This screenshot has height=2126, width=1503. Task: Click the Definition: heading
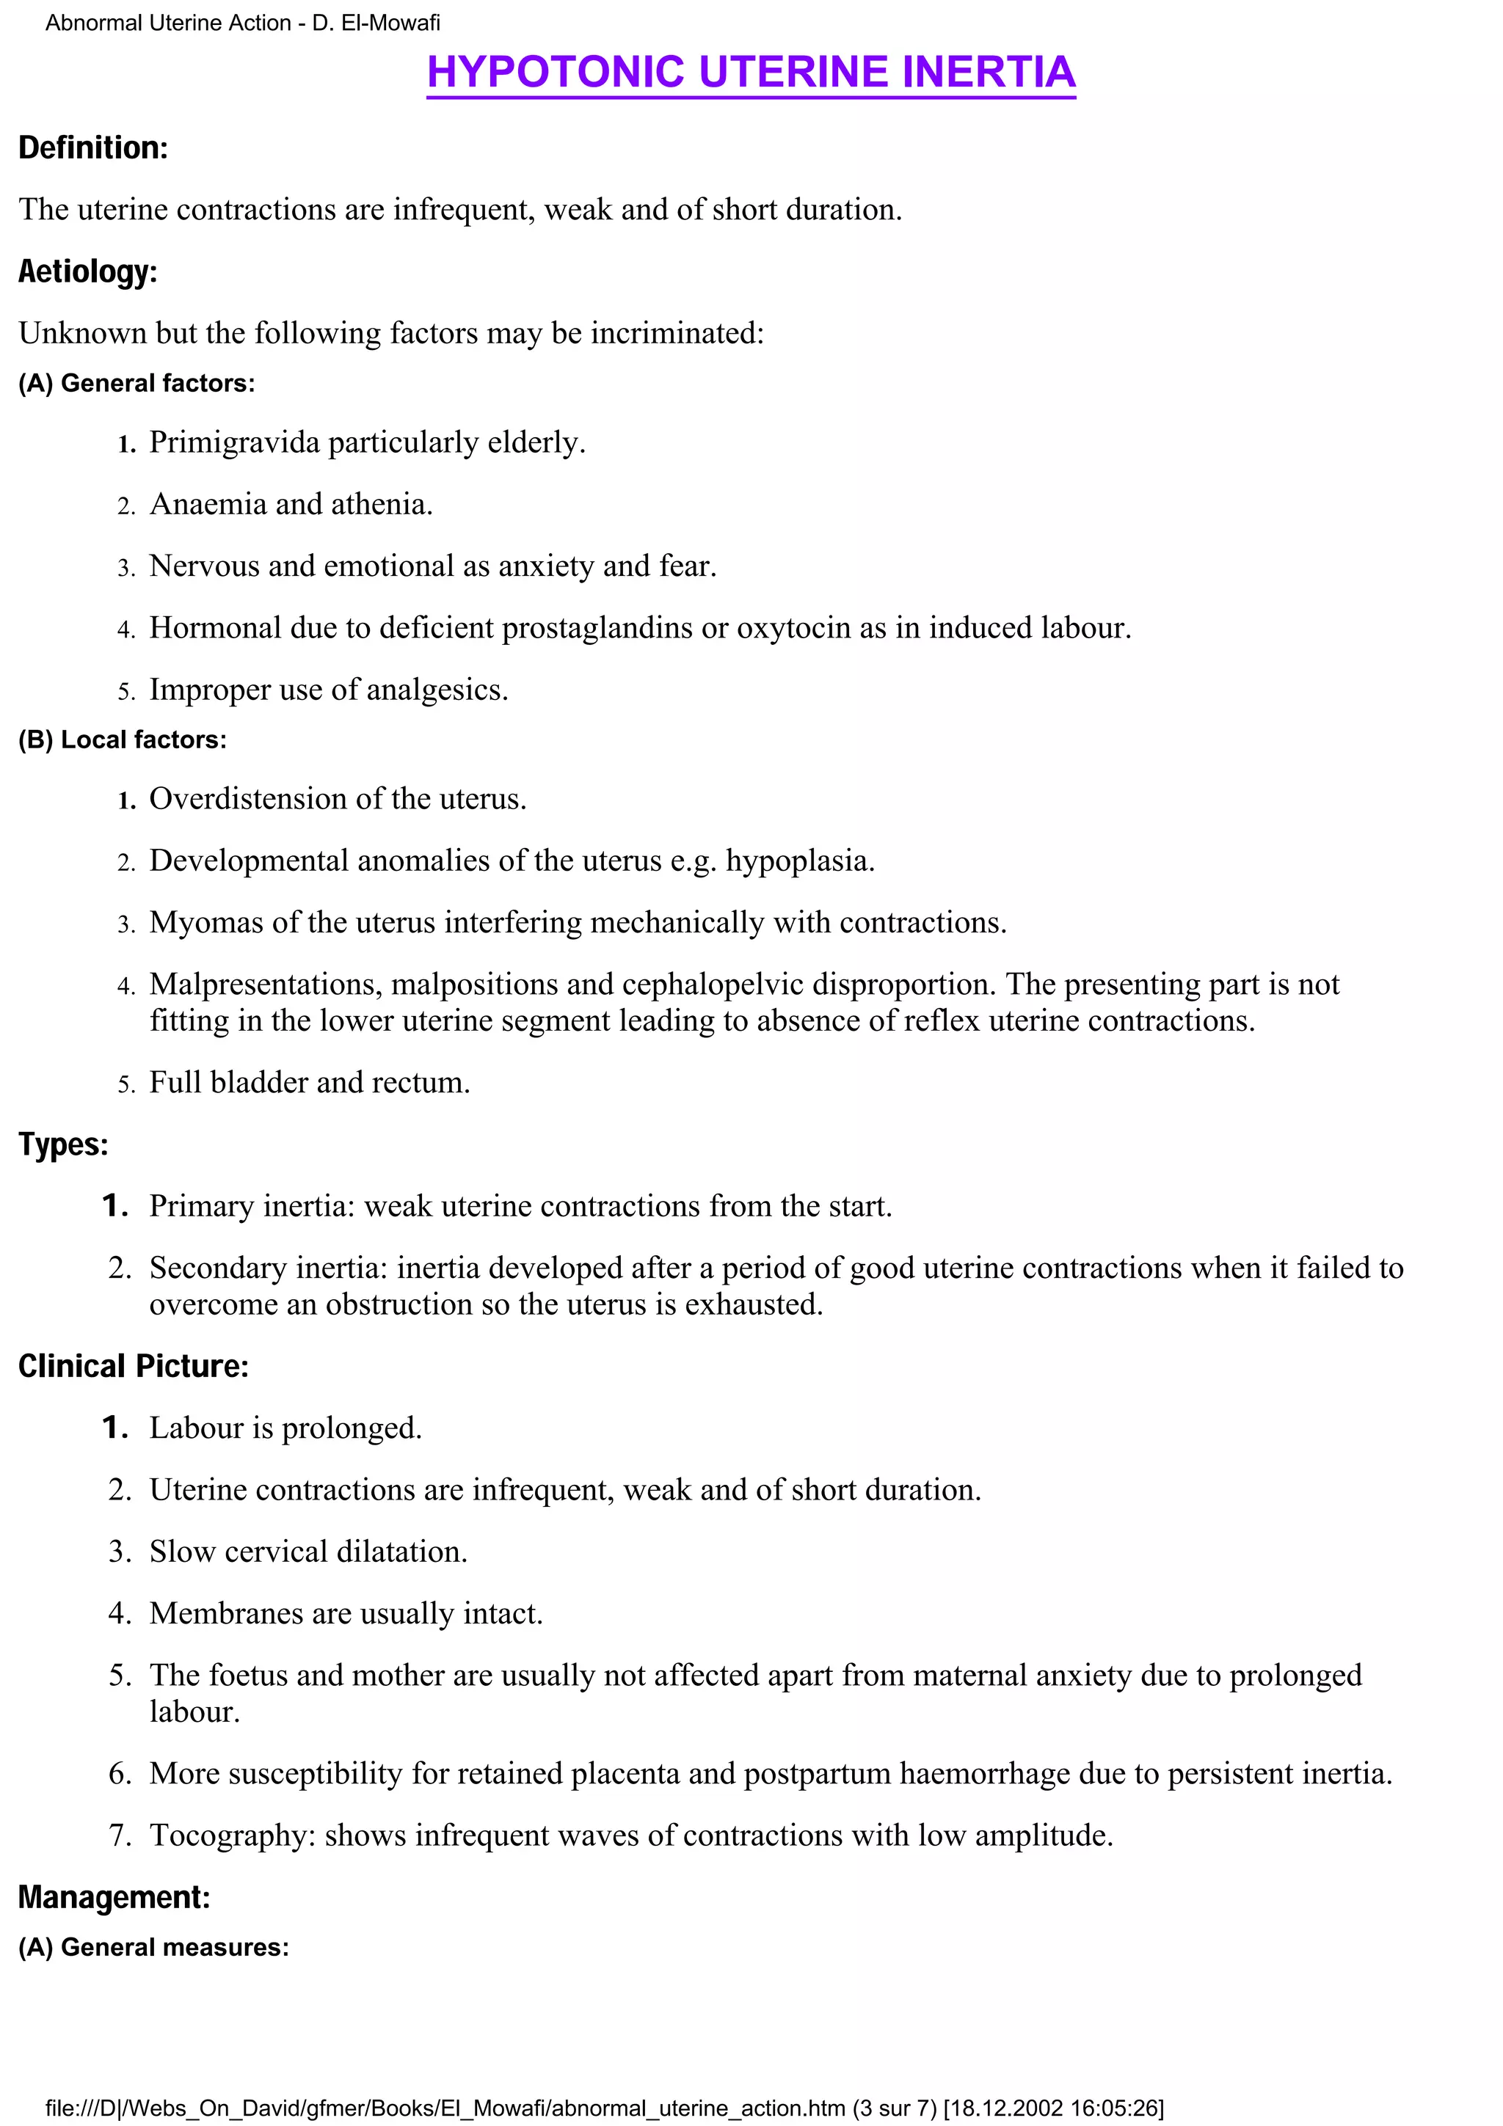pos(92,148)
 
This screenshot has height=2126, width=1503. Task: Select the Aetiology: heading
pos(88,271)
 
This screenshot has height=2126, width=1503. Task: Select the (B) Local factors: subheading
pos(123,739)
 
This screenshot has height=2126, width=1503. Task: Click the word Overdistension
pos(243,798)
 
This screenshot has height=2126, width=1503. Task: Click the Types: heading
pos(63,1144)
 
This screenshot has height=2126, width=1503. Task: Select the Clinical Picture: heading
pos(134,1366)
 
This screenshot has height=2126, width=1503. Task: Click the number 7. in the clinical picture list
pos(120,1835)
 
